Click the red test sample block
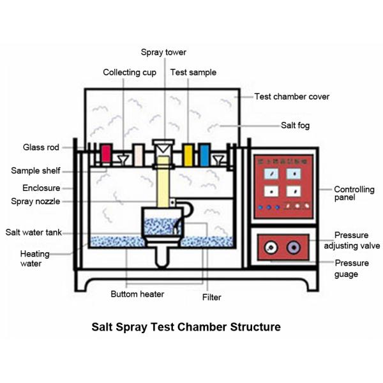click(x=106, y=154)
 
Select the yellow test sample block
click(x=188, y=154)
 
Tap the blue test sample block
click(x=204, y=154)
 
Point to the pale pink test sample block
click(x=139, y=154)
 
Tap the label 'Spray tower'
click(x=163, y=52)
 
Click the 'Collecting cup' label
click(x=130, y=72)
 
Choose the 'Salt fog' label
click(x=295, y=125)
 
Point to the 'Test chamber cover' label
click(x=292, y=96)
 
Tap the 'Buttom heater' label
click(x=137, y=294)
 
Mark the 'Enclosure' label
click(x=41, y=188)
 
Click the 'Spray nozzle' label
click(x=35, y=201)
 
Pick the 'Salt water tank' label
click(x=34, y=232)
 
